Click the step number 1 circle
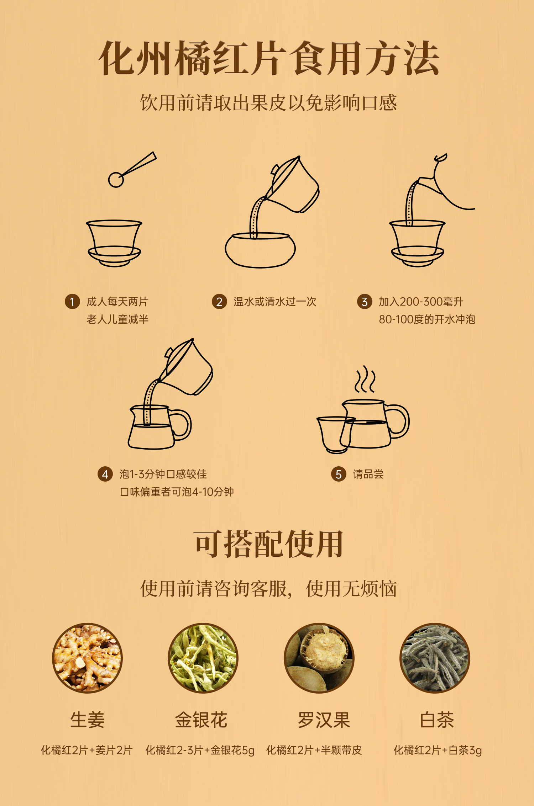[x=72, y=302]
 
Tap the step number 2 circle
[x=219, y=302]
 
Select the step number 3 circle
[x=365, y=302]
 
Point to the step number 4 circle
[x=105, y=474]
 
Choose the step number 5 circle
[x=339, y=474]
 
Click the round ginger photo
[x=87, y=658]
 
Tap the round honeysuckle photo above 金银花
[x=203, y=658]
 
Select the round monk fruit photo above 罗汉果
[x=319, y=658]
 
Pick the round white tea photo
[x=435, y=658]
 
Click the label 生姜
[x=87, y=720]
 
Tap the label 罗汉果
[x=324, y=720]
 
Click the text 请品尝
[x=368, y=474]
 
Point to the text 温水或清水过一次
[x=275, y=302]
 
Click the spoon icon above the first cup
[x=132, y=170]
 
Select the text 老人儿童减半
[x=117, y=319]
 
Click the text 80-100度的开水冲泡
[x=427, y=319]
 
